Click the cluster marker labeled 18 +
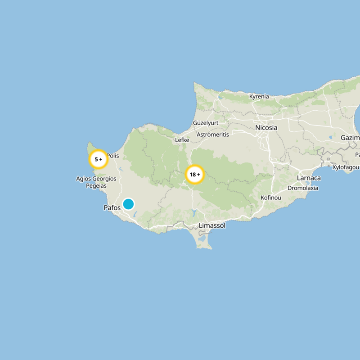click(x=195, y=175)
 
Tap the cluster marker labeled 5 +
click(x=98, y=159)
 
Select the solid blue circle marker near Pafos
click(x=129, y=204)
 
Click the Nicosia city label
click(x=266, y=128)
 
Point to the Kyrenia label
click(x=259, y=96)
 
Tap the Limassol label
click(x=212, y=225)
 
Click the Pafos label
click(x=112, y=208)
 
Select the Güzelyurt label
click(x=205, y=122)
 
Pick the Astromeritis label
click(x=213, y=135)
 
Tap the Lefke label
click(x=182, y=140)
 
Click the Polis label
click(x=112, y=156)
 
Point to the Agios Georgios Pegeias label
click(x=96, y=182)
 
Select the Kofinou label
click(x=271, y=198)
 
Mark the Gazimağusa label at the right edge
click(x=351, y=137)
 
